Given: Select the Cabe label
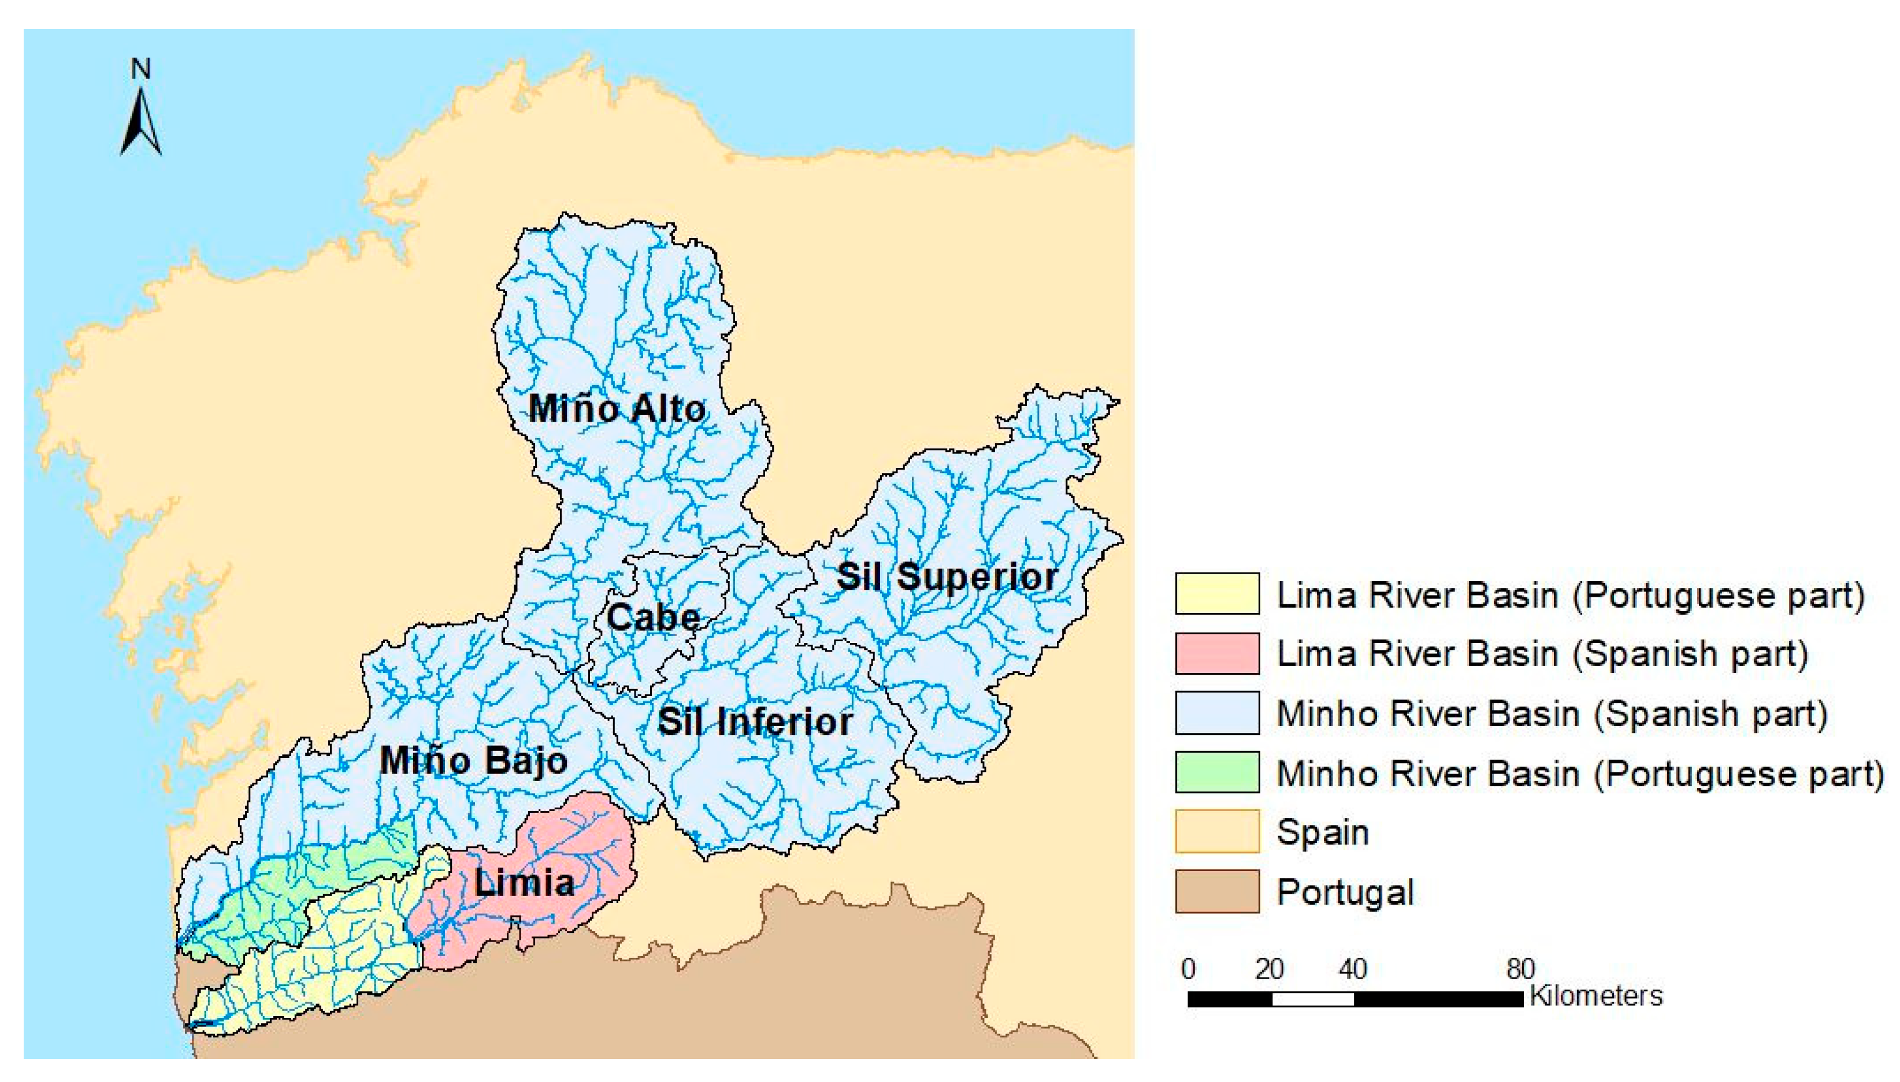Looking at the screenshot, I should [652, 618].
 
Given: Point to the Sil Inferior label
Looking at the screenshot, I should [755, 722].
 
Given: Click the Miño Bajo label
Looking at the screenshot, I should [473, 761].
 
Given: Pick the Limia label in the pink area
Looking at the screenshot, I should [524, 883].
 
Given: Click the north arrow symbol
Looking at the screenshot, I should [140, 122].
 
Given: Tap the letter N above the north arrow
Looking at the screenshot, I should [140, 69].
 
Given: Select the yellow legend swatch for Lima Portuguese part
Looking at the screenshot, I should [1216, 594].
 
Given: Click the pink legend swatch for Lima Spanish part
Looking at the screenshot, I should [1216, 653].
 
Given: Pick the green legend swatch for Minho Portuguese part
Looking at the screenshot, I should [1216, 772].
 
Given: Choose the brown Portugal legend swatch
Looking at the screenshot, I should [1216, 891].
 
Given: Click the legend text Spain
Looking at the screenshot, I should [1322, 831].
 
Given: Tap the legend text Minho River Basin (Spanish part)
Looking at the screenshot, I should [1552, 714].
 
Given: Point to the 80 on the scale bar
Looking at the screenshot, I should [1520, 969].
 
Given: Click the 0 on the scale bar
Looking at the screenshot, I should [1188, 969].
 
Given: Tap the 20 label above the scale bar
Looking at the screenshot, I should [1269, 969].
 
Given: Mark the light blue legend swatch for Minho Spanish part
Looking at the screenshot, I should [1216, 713].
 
